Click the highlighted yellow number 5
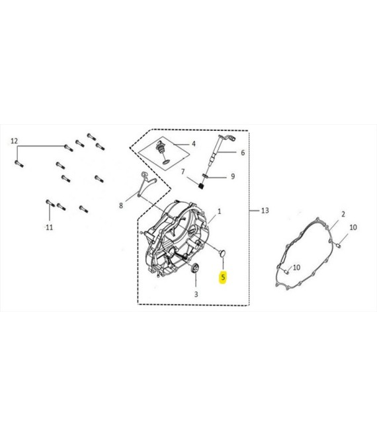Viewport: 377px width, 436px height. [x=223, y=277]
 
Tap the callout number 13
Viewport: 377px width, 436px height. [x=265, y=211]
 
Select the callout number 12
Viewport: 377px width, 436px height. [x=14, y=141]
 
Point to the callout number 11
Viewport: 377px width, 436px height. [x=50, y=227]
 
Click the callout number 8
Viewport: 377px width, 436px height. [x=121, y=205]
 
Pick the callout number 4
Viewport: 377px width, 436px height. [x=194, y=144]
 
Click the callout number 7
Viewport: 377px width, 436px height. [x=183, y=172]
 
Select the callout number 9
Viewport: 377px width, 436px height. [x=233, y=176]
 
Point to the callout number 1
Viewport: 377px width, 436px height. [x=219, y=211]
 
